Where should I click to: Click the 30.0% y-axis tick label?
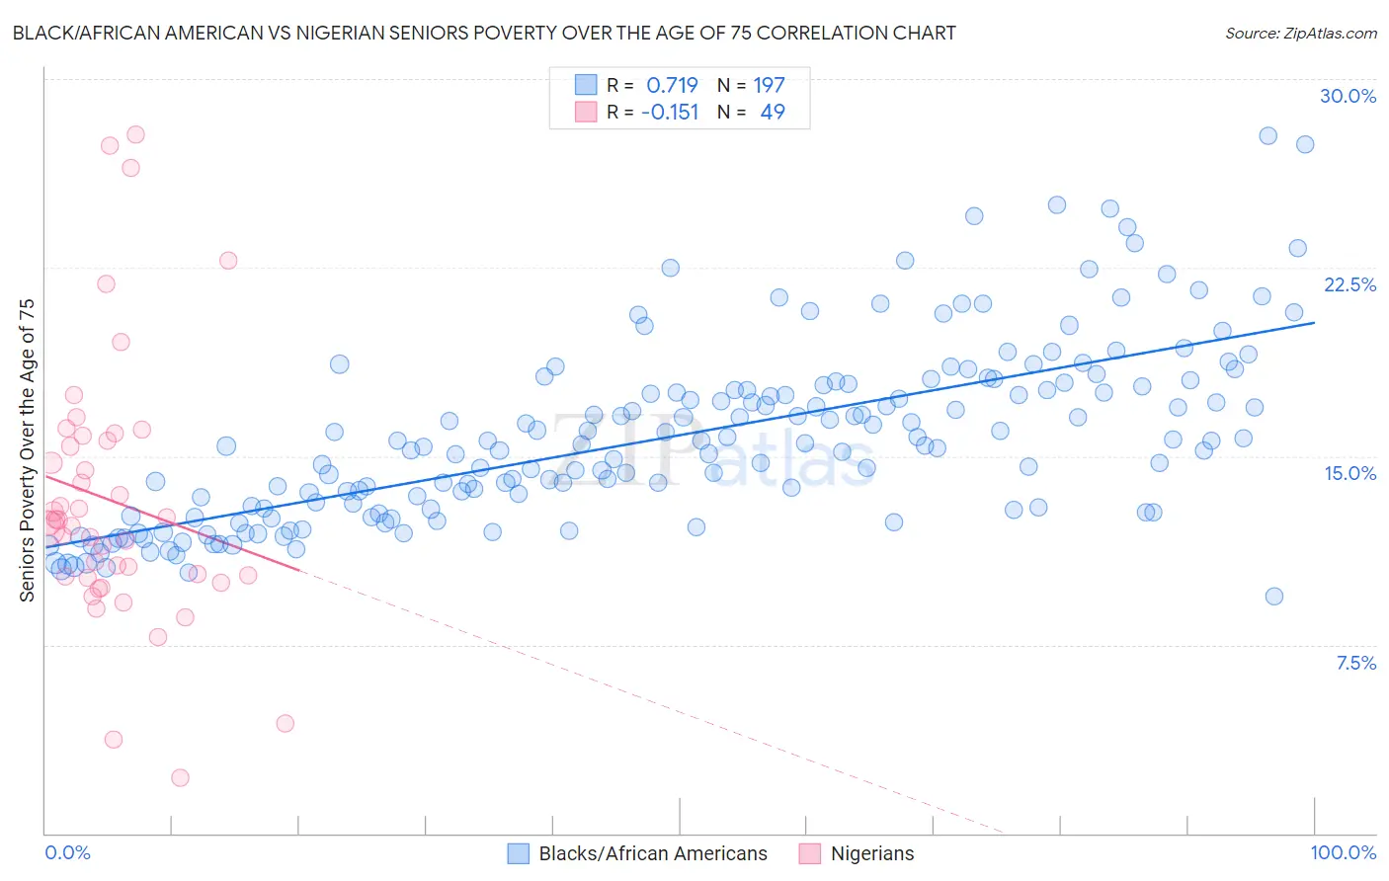[1348, 96]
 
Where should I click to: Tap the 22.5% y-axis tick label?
[1349, 284]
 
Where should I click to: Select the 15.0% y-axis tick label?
[1349, 473]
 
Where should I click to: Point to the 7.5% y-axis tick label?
[1355, 663]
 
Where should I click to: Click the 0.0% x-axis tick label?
[67, 852]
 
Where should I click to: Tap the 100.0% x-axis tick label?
[1343, 852]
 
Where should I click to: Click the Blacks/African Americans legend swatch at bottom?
[519, 853]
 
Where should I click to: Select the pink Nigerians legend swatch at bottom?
[810, 853]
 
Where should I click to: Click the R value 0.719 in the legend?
[672, 85]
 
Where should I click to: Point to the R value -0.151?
[670, 112]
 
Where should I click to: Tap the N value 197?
[769, 85]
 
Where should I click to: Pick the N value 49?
[773, 112]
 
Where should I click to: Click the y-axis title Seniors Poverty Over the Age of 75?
[27, 449]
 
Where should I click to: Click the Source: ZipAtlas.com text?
[1300, 33]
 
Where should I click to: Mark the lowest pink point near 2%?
[180, 777]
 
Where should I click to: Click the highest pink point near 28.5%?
[135, 134]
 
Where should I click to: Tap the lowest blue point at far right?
[1273, 596]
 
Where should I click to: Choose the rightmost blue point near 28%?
[1304, 144]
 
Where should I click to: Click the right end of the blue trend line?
[1314, 322]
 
